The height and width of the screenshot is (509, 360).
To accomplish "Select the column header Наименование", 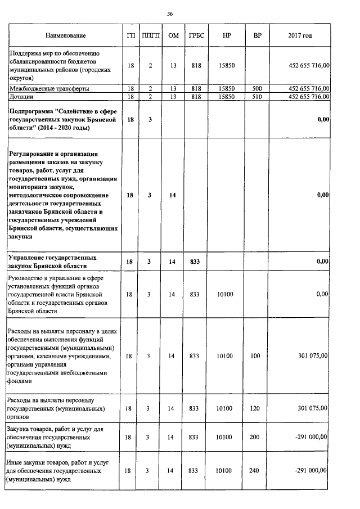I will click(x=66, y=36).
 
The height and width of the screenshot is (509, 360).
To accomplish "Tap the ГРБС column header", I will click(x=195, y=36).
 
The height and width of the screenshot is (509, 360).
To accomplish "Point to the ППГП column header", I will click(x=151, y=36).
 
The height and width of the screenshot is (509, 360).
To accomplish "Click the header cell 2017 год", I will click(x=299, y=36).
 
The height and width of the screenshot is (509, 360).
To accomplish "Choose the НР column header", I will click(x=227, y=36).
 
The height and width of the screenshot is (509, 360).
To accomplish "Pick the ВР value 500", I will click(x=257, y=89).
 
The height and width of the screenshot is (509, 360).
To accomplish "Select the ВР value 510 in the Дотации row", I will click(x=257, y=97).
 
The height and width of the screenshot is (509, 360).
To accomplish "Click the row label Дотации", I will click(x=21, y=97).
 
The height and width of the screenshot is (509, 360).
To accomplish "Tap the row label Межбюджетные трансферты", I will click(x=48, y=89).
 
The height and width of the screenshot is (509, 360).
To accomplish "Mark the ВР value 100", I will click(x=257, y=356).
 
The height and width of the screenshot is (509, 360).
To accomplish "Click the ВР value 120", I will click(x=257, y=408).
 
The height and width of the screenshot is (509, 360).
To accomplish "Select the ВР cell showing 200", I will click(x=257, y=436).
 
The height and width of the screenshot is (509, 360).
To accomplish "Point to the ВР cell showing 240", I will click(x=257, y=470).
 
